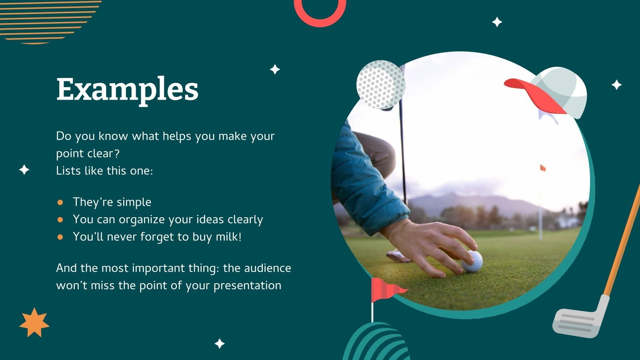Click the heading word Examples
click(x=127, y=89)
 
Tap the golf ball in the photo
click(x=472, y=261)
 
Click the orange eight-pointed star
click(x=34, y=322)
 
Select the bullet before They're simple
click(x=60, y=202)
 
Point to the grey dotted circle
click(x=380, y=84)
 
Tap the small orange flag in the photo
click(x=543, y=168)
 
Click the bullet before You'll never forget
click(x=60, y=237)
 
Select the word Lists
click(x=69, y=171)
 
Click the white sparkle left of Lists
click(x=24, y=170)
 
